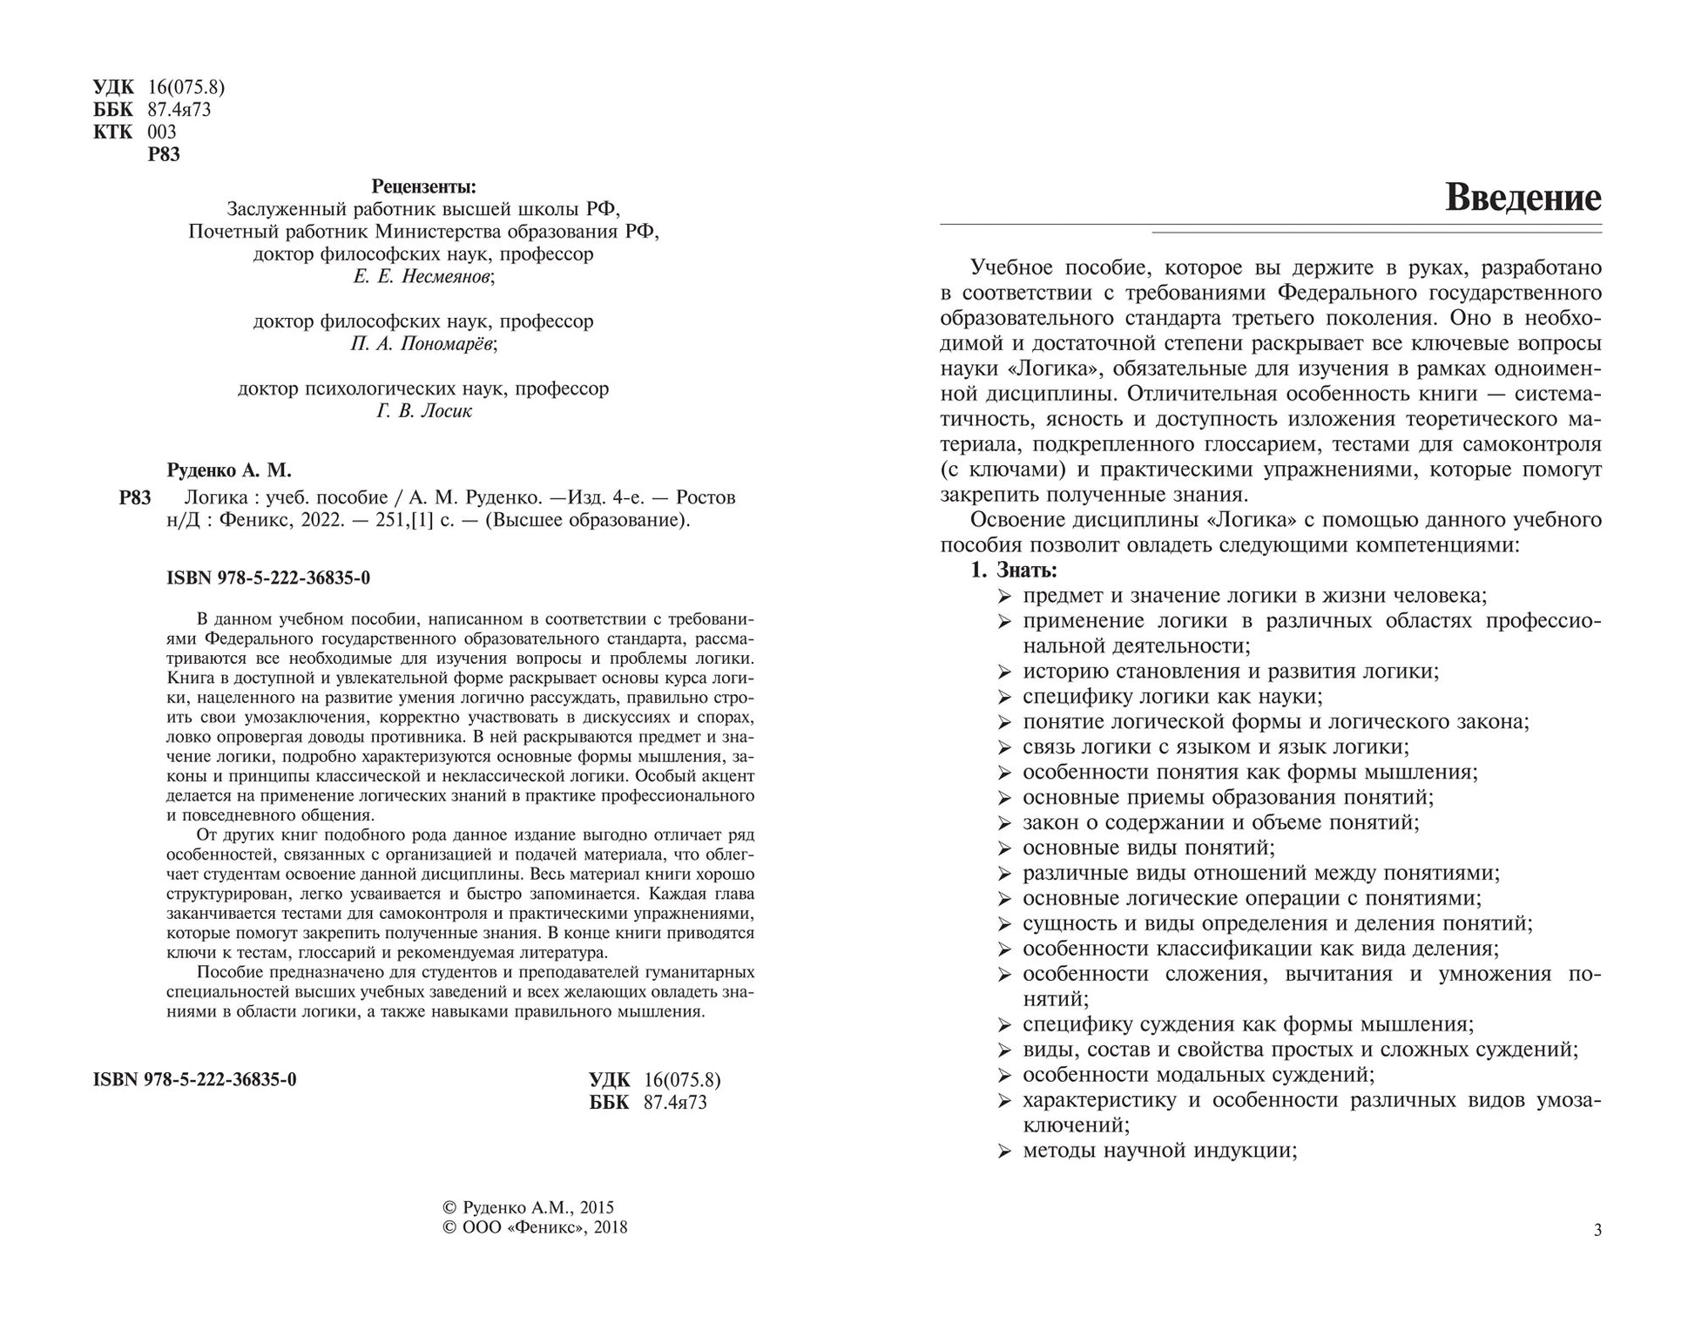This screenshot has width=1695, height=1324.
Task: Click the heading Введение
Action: (x=1523, y=198)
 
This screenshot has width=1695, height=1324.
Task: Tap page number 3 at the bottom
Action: (x=1597, y=1230)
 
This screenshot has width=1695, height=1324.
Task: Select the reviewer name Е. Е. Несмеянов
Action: (x=423, y=277)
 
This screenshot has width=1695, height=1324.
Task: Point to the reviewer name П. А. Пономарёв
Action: (x=423, y=344)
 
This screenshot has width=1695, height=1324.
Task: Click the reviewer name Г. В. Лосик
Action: (x=423, y=411)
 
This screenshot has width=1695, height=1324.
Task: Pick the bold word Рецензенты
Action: (x=423, y=186)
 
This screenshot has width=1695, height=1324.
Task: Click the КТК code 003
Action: (x=162, y=132)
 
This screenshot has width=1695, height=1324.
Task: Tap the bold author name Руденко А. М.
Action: (x=228, y=470)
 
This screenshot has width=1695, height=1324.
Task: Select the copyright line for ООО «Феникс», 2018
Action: (x=535, y=1227)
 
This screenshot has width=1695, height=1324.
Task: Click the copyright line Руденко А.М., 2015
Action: (x=529, y=1207)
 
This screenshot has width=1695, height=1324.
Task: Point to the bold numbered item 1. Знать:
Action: (x=1014, y=571)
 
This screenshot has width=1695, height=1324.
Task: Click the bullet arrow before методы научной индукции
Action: (x=1004, y=1152)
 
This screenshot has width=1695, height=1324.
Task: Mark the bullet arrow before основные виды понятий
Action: (x=1004, y=848)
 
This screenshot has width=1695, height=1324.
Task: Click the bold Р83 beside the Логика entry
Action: (x=135, y=498)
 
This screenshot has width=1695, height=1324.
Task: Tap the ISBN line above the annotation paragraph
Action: (x=268, y=578)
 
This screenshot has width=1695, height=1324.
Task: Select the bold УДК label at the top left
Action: (x=113, y=87)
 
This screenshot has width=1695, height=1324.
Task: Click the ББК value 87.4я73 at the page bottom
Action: (x=675, y=1103)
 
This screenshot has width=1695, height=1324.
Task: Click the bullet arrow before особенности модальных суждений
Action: (x=1004, y=1076)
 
